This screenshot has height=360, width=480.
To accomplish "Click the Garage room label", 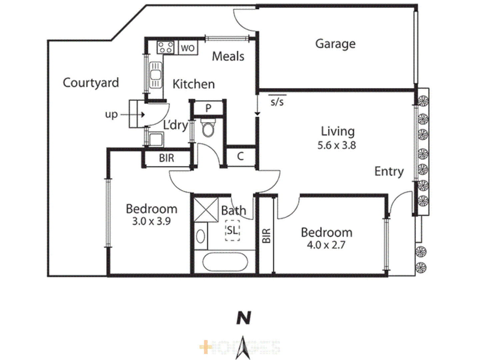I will tap(335, 44).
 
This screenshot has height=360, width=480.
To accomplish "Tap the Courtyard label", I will tap(91, 83).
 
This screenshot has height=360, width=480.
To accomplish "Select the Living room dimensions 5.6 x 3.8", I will tap(337, 145).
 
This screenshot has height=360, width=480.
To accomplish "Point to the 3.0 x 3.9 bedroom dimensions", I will tap(151, 221).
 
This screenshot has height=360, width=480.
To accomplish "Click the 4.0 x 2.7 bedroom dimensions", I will tap(326, 245).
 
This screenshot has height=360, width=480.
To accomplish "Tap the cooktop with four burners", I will tap(165, 47).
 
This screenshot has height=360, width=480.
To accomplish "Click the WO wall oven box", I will tap(188, 48).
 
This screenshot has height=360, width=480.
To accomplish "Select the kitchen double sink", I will tap(155, 75).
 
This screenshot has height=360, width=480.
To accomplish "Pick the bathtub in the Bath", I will tap(225, 262).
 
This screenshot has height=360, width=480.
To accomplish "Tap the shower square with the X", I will tap(206, 210).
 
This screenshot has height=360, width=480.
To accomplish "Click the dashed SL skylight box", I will tap(233, 230).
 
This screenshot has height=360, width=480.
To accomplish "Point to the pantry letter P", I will tap(208, 108).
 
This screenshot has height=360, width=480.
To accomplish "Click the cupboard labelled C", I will tap(240, 156).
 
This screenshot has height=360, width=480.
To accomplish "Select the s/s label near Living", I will tap(277, 101).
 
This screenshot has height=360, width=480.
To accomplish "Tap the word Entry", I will tap(389, 171).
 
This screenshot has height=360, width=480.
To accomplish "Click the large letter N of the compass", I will tap(244, 318).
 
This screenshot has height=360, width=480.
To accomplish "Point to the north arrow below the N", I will tap(243, 348).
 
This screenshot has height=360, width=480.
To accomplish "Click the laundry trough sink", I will tap(156, 139).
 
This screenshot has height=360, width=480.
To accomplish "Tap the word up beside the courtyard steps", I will tap(111, 114).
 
